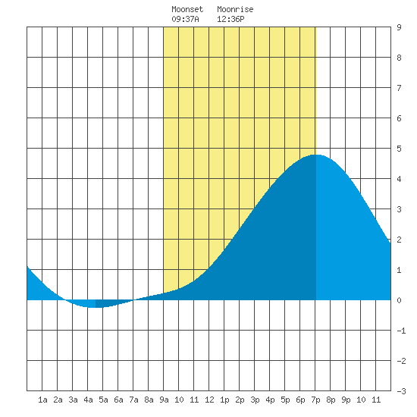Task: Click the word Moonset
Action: tap(187, 9)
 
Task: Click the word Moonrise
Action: tap(235, 9)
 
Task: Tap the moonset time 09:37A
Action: tap(185, 19)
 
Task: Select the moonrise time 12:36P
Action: tap(230, 19)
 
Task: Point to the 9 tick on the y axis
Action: tap(399, 27)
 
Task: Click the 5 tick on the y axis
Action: tap(399, 149)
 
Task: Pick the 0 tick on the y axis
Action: tap(399, 300)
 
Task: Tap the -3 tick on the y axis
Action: tap(401, 391)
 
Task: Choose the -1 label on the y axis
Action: tap(401, 331)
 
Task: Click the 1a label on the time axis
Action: tap(42, 400)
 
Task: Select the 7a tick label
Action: tap(133, 400)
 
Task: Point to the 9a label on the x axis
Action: tap(164, 400)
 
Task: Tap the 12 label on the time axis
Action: tap(209, 400)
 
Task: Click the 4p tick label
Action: tap(270, 400)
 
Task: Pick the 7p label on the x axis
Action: tap(315, 400)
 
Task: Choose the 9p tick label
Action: tap(346, 400)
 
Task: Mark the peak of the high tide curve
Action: tap(316, 155)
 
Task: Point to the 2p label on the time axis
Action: tap(240, 400)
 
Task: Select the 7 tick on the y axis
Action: tap(399, 88)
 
